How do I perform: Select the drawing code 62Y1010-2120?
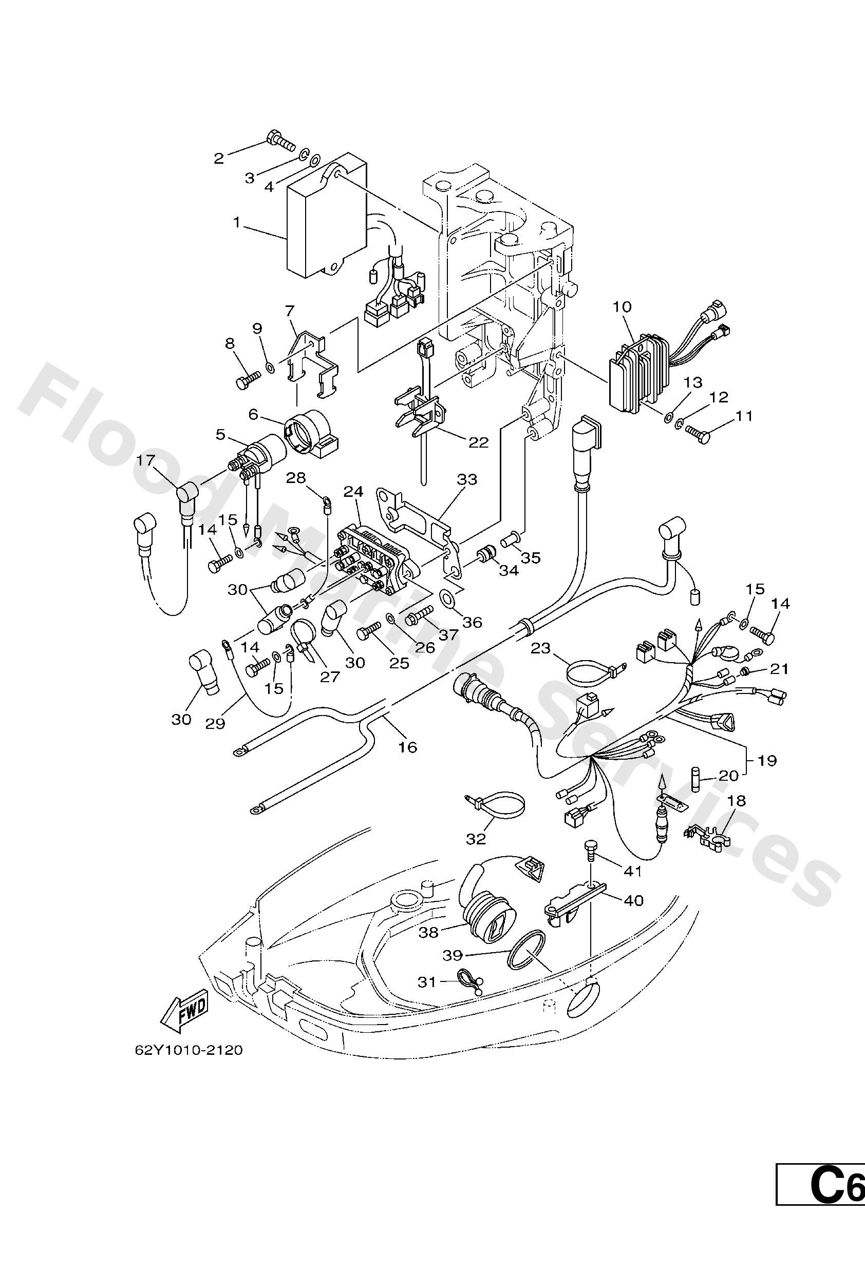[189, 1051]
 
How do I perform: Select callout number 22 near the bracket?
[478, 442]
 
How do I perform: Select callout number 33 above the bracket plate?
[467, 480]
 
